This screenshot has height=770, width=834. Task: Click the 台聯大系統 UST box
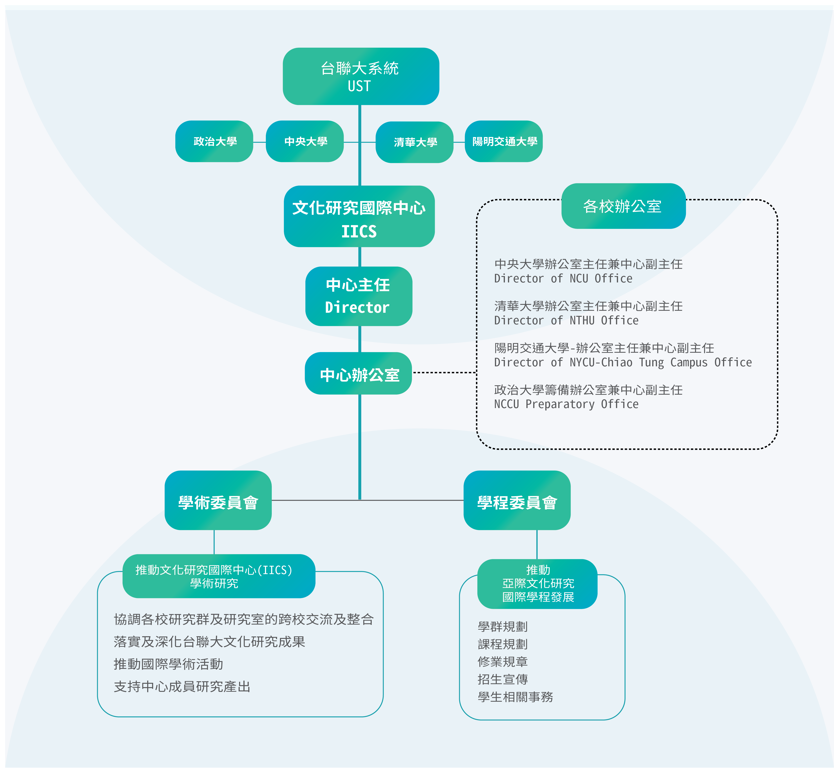coord(361,76)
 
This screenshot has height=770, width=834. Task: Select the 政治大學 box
coord(214,141)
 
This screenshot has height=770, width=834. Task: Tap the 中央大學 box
coord(305,141)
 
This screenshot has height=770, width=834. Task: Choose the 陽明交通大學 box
coord(504,141)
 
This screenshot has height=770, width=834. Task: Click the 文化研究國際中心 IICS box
coord(359,216)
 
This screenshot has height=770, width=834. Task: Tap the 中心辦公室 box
coord(358,373)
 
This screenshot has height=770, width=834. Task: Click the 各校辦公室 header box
coord(623,206)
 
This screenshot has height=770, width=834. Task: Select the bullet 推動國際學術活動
coord(168,664)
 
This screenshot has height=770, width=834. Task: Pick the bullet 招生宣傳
coord(503,680)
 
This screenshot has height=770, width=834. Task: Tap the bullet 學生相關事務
coord(515,697)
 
